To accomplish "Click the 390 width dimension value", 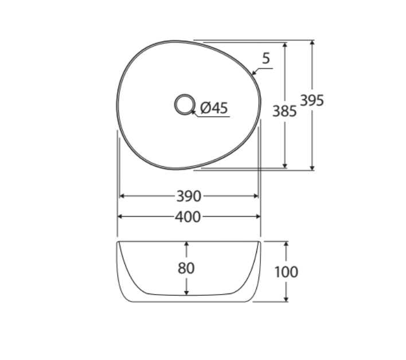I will click(x=189, y=197).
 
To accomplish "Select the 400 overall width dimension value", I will click(x=189, y=217).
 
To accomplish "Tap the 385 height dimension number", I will click(x=284, y=111).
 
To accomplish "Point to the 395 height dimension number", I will click(x=312, y=100).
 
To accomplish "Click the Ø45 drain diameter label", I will click(x=214, y=108).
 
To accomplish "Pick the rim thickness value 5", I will click(x=266, y=58).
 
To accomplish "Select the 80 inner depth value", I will click(x=186, y=268).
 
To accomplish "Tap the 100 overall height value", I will click(x=286, y=271).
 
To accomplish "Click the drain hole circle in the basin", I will click(x=185, y=104).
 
